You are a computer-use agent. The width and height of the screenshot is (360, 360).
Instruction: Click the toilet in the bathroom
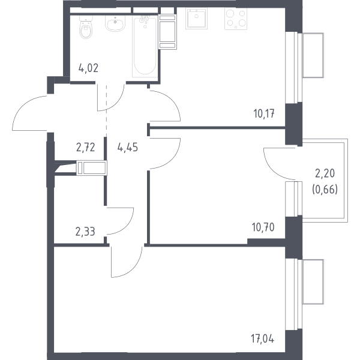(x=86, y=27)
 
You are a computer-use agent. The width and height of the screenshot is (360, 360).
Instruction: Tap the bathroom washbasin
(x=115, y=23)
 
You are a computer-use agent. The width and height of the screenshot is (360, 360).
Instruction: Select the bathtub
(x=145, y=46)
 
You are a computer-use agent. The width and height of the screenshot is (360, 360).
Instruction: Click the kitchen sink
(x=197, y=19)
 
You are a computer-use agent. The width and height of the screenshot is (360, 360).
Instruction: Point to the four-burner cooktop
(x=236, y=19)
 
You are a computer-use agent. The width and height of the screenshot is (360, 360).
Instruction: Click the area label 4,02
(x=88, y=68)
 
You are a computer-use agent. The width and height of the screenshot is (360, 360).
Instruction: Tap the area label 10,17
(x=264, y=113)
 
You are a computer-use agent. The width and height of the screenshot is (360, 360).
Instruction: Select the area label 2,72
(x=85, y=148)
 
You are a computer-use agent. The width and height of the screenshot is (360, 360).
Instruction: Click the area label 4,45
(x=128, y=148)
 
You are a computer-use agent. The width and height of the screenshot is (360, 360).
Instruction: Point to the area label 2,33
(x=85, y=232)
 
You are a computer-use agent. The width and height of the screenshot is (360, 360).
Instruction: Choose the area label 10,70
(x=263, y=227)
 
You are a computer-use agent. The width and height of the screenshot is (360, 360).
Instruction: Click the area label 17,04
(x=263, y=339)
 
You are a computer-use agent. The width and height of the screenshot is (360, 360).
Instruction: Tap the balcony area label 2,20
(x=325, y=173)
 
